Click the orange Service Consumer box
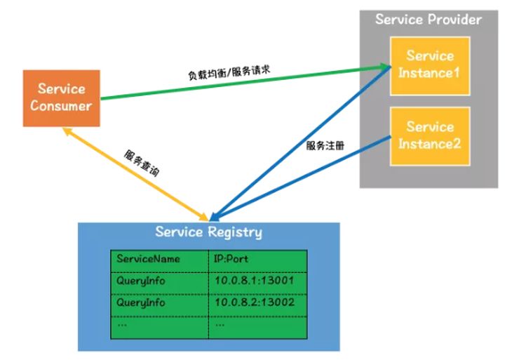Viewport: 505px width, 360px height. pos(62,98)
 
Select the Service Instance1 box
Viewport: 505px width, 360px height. pos(430,63)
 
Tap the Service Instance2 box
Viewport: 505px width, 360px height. pos(430,135)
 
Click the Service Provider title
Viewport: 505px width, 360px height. pos(428,19)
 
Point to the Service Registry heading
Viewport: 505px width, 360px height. pos(208,232)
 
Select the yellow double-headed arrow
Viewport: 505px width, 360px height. pos(133,171)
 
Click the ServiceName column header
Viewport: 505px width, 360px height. pos(148,259)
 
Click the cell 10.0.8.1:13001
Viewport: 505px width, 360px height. pos(253,281)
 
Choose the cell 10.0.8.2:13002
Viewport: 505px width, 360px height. pos(253,302)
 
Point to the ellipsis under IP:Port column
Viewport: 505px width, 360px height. pos(220,324)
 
